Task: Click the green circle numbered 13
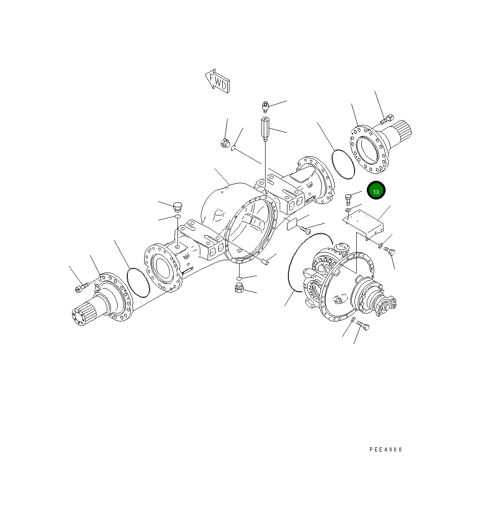[x=376, y=191]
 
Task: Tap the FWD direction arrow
[x=217, y=81]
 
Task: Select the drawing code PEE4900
[x=386, y=450]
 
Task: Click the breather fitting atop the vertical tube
[x=265, y=107]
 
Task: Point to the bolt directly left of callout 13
[x=349, y=199]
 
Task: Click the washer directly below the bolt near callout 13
[x=348, y=210]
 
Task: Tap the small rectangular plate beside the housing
[x=292, y=225]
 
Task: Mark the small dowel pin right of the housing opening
[x=265, y=261]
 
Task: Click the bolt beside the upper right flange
[x=386, y=119]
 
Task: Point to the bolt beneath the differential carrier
[x=363, y=326]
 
